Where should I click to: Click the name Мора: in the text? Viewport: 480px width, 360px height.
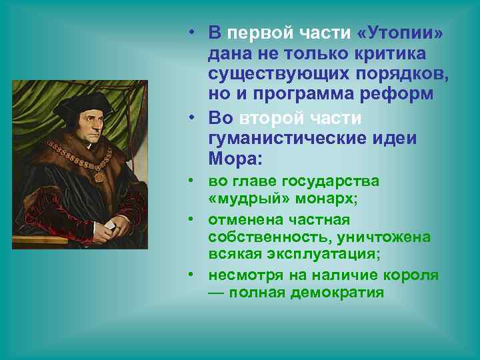pos(236,159)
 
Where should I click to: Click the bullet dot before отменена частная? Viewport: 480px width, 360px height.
pos(191,219)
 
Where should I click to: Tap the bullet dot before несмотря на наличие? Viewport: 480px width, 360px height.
pos(191,275)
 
